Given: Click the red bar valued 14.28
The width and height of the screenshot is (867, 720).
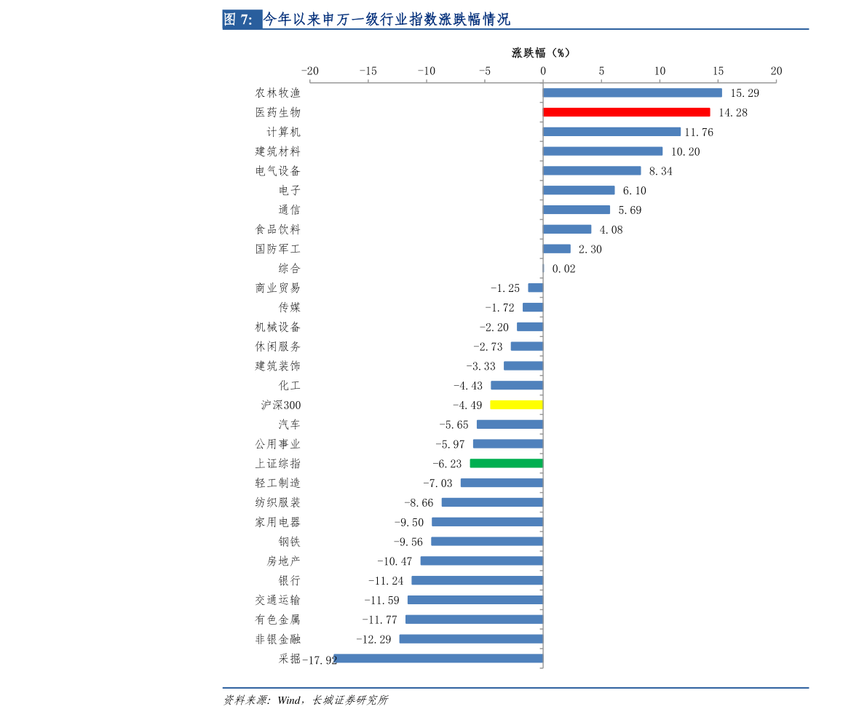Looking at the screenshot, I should point(626,112).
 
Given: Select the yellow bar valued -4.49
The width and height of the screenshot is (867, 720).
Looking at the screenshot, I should point(516,405).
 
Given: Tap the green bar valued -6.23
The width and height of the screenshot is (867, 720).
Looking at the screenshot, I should point(506,463).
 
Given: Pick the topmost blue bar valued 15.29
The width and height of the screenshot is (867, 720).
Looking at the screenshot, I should point(632,92).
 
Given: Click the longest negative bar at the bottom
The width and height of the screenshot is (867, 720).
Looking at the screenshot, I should point(438,658).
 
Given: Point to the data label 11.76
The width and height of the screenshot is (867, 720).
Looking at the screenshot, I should point(699,132).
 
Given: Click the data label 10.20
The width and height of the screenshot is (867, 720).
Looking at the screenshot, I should point(685,151).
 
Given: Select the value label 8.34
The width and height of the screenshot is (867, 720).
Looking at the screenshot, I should point(660,171).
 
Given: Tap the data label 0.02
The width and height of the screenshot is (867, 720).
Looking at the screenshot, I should point(563,269).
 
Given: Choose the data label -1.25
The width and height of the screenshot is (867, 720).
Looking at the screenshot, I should point(505,288).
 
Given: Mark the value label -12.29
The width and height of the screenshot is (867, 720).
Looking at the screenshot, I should point(373,639).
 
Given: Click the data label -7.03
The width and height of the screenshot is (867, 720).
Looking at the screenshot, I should point(438,483).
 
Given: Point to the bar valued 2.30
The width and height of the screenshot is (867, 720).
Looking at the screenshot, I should point(557,249).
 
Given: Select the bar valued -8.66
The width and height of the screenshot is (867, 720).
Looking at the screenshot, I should point(492,502).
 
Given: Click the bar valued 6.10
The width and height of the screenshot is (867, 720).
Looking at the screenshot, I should point(579,190).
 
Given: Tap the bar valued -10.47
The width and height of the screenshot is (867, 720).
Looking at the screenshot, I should point(481,561).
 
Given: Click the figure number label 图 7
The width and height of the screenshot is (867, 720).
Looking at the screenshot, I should point(238,20).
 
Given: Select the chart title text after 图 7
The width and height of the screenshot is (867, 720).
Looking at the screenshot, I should point(387,20).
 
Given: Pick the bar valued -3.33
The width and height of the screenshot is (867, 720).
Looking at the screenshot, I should point(523,365).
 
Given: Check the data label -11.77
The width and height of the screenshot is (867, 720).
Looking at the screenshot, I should point(379,620).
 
